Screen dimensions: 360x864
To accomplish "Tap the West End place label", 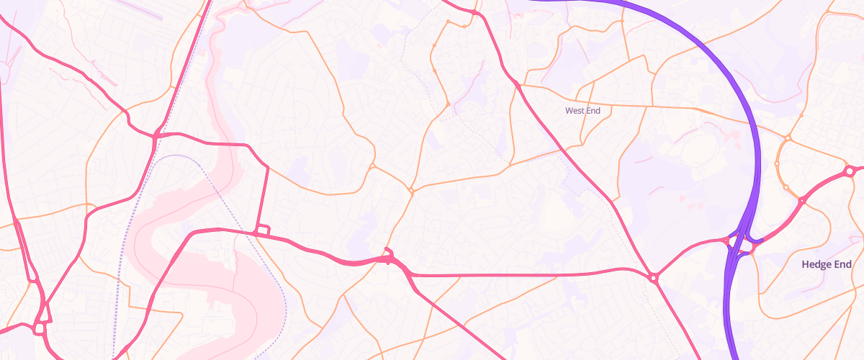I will (x=582, y=111).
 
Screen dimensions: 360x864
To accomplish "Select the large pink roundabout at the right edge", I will (x=850, y=171).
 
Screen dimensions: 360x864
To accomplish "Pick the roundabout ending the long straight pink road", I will (x=653, y=277).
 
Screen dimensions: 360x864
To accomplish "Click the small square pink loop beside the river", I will (x=263, y=230).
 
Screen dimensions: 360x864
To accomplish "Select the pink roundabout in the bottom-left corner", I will (x=39, y=329).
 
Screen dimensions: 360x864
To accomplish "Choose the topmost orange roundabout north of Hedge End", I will (x=788, y=138).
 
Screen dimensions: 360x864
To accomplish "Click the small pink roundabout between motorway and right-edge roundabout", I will (x=801, y=202).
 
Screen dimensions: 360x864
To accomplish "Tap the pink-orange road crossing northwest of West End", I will (x=518, y=86).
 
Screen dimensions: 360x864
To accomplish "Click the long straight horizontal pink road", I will (x=518, y=275).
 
